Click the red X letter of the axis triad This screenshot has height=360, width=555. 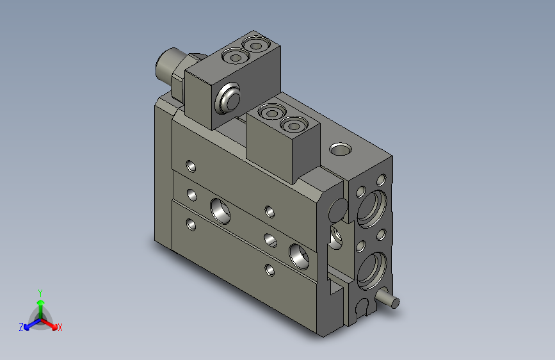[60, 327]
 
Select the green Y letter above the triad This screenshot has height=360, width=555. [40, 292]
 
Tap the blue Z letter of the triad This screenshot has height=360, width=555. [21, 327]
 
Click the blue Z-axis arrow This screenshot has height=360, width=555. [29, 323]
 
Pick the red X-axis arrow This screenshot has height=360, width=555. [51, 323]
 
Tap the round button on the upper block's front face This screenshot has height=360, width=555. [229, 100]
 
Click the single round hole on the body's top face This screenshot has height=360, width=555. [340, 149]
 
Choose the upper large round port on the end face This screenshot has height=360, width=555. [371, 206]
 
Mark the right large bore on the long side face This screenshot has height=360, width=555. [300, 254]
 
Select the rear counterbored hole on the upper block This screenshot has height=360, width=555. [257, 45]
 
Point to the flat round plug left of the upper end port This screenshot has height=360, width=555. [337, 209]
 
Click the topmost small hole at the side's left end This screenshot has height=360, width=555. [191, 167]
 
